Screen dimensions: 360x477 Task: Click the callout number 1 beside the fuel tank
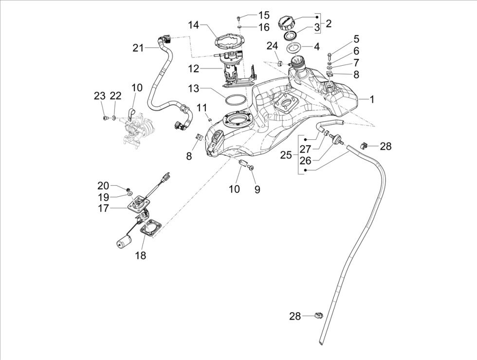(372, 99)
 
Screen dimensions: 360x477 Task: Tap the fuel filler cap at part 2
(286, 23)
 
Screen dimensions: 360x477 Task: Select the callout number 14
(194, 25)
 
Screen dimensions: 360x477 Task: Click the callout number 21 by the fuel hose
(139, 48)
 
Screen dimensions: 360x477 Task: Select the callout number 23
(99, 96)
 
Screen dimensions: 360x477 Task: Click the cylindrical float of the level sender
(125, 241)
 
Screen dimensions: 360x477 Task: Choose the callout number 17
(103, 208)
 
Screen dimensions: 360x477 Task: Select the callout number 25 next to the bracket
(286, 155)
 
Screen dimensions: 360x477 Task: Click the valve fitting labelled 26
(335, 139)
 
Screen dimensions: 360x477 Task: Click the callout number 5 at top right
(370, 39)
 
